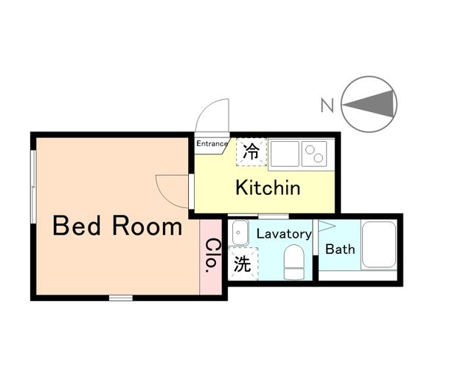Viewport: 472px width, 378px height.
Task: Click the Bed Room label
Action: tap(117, 226)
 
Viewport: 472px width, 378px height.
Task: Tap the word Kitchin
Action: tap(268, 188)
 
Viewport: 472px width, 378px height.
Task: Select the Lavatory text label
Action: tap(283, 234)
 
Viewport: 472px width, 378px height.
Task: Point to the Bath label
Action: tap(340, 249)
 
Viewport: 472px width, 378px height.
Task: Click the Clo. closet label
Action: tap(211, 256)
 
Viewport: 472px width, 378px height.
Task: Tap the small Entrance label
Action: tap(212, 144)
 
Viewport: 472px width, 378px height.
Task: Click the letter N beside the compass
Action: tap(327, 106)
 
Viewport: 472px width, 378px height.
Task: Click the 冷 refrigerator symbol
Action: tap(251, 153)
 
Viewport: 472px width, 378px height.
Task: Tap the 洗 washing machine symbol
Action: tap(241, 263)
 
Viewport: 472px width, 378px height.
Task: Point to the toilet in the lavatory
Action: tap(294, 263)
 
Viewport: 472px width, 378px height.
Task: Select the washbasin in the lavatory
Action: tap(239, 233)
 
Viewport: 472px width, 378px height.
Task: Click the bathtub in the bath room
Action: tap(378, 244)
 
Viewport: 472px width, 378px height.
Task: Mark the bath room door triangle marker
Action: tap(325, 226)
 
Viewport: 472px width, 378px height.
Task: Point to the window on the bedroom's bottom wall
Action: tap(120, 298)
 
